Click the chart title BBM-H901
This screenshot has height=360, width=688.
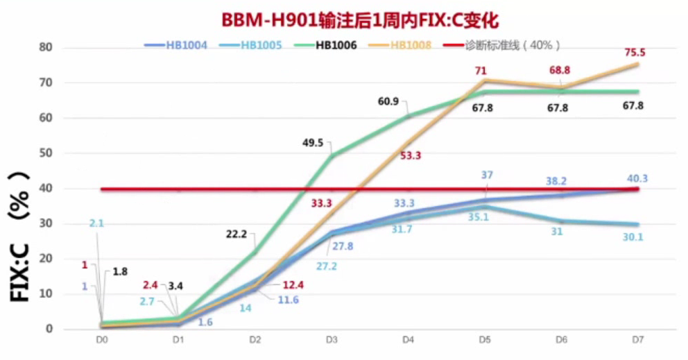coord(360,20)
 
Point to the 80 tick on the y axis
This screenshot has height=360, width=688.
coord(46,48)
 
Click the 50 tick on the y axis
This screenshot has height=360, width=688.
coord(46,153)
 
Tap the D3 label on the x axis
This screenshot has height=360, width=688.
coord(331,340)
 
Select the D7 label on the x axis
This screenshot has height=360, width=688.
coord(636,340)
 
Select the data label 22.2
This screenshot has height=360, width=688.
coord(237,234)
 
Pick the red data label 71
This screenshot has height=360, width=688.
coord(481,71)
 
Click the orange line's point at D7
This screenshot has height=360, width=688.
coord(637,65)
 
